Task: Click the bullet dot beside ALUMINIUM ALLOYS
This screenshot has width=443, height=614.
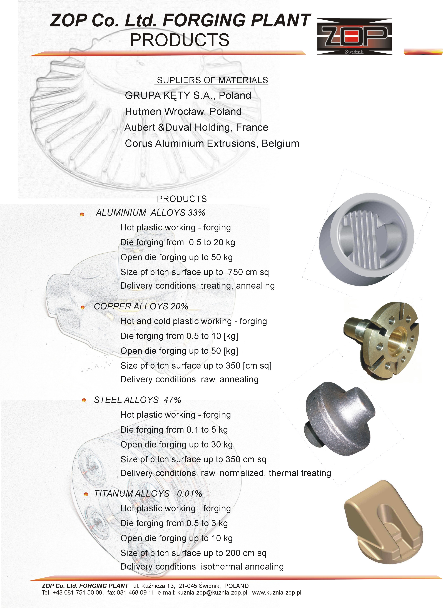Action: [82, 214]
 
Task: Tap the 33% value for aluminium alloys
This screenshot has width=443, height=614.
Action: [196, 213]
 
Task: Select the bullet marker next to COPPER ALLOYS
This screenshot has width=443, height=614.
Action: [83, 307]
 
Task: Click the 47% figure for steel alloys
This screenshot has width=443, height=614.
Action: [172, 400]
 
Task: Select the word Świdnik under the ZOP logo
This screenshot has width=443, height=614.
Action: [354, 51]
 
